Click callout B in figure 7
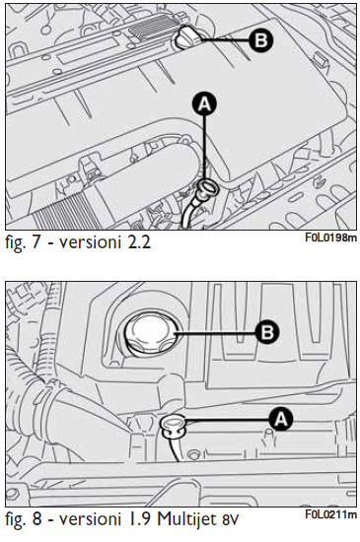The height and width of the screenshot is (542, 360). click(260, 40)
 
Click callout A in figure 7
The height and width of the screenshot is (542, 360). click(205, 104)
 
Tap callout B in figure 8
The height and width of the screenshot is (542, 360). click(266, 332)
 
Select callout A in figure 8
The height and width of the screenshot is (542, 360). click(281, 419)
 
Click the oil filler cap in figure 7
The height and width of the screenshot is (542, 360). click(188, 36)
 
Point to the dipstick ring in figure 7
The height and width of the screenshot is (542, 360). click(209, 187)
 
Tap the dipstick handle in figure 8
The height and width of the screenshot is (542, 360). click(174, 425)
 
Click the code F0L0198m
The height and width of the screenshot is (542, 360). click(331, 237)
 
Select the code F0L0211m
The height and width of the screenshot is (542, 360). click(331, 514)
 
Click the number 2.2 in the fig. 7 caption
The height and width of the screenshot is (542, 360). click(139, 242)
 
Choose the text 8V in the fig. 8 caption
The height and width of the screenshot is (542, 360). click(228, 520)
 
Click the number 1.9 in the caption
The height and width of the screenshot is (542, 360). click(141, 519)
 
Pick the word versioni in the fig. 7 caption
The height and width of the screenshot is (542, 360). click(89, 242)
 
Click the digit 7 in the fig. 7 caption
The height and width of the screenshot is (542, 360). click(36, 242)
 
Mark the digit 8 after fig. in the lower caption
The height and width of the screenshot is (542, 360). click(36, 519)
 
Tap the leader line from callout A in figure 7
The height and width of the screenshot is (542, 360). click(205, 149)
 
